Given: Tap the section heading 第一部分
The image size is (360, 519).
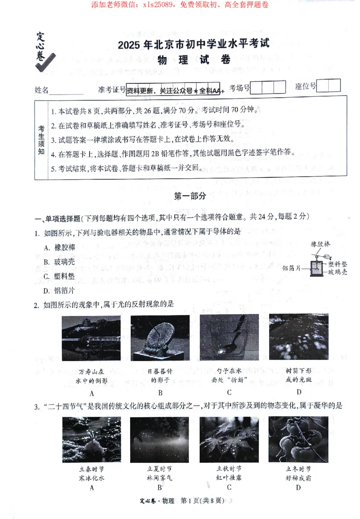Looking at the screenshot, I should (x=189, y=196).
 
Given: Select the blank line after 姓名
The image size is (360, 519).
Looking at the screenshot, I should (x=66, y=90).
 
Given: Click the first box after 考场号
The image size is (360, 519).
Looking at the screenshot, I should (x=256, y=87).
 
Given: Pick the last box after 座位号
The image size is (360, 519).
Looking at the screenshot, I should (x=334, y=86).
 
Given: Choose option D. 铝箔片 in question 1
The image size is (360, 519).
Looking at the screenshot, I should (x=59, y=290).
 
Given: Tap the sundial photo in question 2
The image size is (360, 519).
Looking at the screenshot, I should (x=160, y=338).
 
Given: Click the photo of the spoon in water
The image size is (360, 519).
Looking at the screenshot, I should (x=229, y=338).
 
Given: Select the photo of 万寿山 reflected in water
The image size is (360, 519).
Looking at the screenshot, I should (x=91, y=338).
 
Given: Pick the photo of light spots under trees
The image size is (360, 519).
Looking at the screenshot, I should (x=298, y=338).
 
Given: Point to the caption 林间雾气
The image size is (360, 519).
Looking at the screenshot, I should (x=160, y=478).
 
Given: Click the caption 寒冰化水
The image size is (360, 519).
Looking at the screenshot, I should (x=91, y=478).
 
